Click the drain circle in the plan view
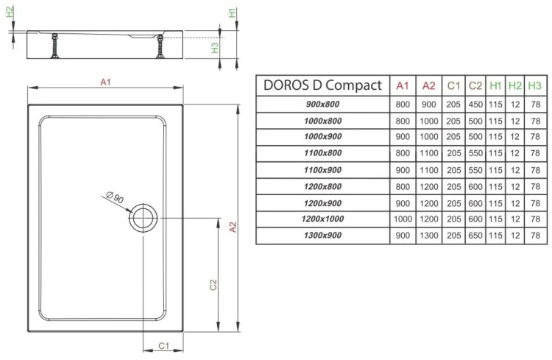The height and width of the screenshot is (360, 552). click(x=142, y=218)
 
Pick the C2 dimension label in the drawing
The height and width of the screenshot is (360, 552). click(x=212, y=283)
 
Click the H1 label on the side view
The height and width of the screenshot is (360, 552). click(x=232, y=13)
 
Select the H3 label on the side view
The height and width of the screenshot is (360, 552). click(x=214, y=47)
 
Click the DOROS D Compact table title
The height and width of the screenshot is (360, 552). click(x=322, y=85)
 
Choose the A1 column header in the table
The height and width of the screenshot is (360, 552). click(x=403, y=85)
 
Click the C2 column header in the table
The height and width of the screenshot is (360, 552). click(x=475, y=85)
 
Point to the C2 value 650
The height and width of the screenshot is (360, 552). click(x=475, y=236)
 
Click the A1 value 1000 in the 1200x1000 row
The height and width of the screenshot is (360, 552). click(x=403, y=219)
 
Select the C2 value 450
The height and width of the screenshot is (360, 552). click(x=475, y=105)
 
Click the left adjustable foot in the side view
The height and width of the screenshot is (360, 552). click(x=54, y=49)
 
